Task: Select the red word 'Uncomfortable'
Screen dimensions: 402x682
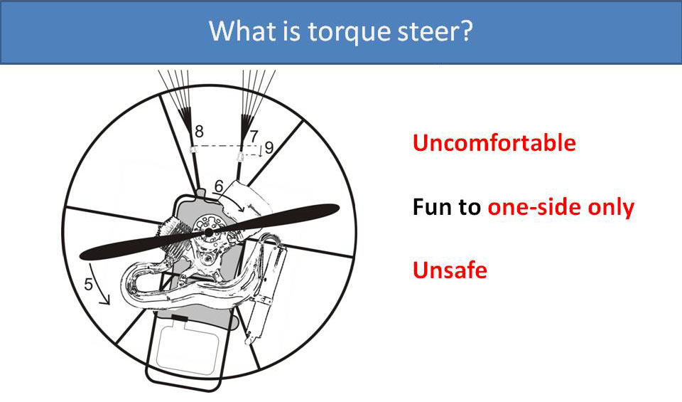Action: click(494, 143)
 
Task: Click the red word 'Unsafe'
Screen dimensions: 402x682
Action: click(450, 270)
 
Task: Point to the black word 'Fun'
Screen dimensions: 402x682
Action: click(432, 207)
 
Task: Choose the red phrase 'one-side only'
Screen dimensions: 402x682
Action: click(561, 207)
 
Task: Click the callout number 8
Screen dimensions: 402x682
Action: click(199, 131)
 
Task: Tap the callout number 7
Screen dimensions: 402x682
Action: click(254, 134)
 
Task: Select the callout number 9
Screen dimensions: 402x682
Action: click(269, 148)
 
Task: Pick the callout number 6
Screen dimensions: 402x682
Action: click(219, 186)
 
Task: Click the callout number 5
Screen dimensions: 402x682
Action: click(89, 285)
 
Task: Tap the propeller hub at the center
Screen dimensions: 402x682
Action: click(209, 233)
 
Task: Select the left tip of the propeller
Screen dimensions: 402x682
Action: click(83, 254)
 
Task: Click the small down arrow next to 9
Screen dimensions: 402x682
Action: click(260, 150)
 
